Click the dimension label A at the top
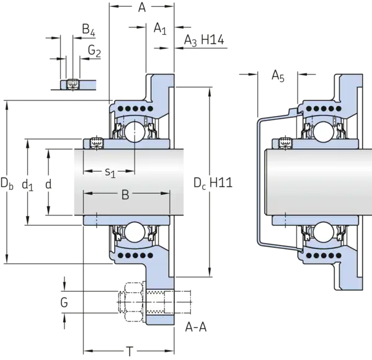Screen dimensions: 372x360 (142, 7)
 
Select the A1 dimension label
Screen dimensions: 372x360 (160, 29)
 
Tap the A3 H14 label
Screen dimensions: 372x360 (204, 40)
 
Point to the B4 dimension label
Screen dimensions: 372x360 (89, 30)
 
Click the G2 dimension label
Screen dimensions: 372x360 (94, 52)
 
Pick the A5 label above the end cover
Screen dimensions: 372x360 (278, 76)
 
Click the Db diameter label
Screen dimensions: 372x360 (7, 183)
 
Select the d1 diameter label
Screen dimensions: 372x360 (27, 184)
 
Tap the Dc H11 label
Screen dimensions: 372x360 (213, 183)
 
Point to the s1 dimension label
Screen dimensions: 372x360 (110, 172)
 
